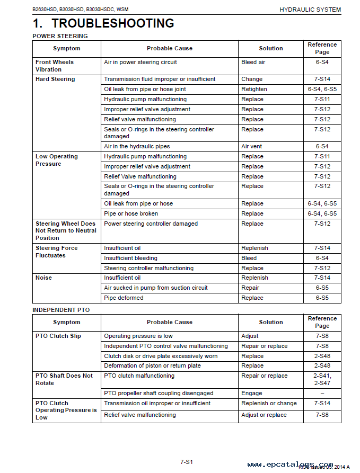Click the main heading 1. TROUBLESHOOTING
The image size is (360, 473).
pos(103,23)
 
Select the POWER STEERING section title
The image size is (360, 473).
pos(60,36)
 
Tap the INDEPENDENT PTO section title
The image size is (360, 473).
pos(61,310)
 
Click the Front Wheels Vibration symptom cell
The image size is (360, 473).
pos(55,66)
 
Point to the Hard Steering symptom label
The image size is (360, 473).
pos(55,79)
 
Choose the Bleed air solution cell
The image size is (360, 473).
pos(253,63)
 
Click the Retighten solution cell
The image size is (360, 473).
pos(254,90)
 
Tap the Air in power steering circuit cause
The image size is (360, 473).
pos(141,63)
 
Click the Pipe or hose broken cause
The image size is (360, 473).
pos(131,214)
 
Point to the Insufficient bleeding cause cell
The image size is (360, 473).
pos(130,258)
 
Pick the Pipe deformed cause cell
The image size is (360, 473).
pos(124,298)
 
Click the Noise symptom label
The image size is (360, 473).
pos(43,278)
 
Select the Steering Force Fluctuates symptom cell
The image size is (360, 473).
pos(56,252)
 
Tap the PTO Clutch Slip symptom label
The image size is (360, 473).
pos(58,336)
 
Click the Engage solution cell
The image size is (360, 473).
pos(251,394)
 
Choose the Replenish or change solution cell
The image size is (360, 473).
pos(269,404)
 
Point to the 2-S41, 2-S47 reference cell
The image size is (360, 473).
pos(322,379)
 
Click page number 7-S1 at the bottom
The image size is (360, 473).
pos(186,462)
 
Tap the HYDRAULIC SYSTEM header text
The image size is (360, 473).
pos(310,10)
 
